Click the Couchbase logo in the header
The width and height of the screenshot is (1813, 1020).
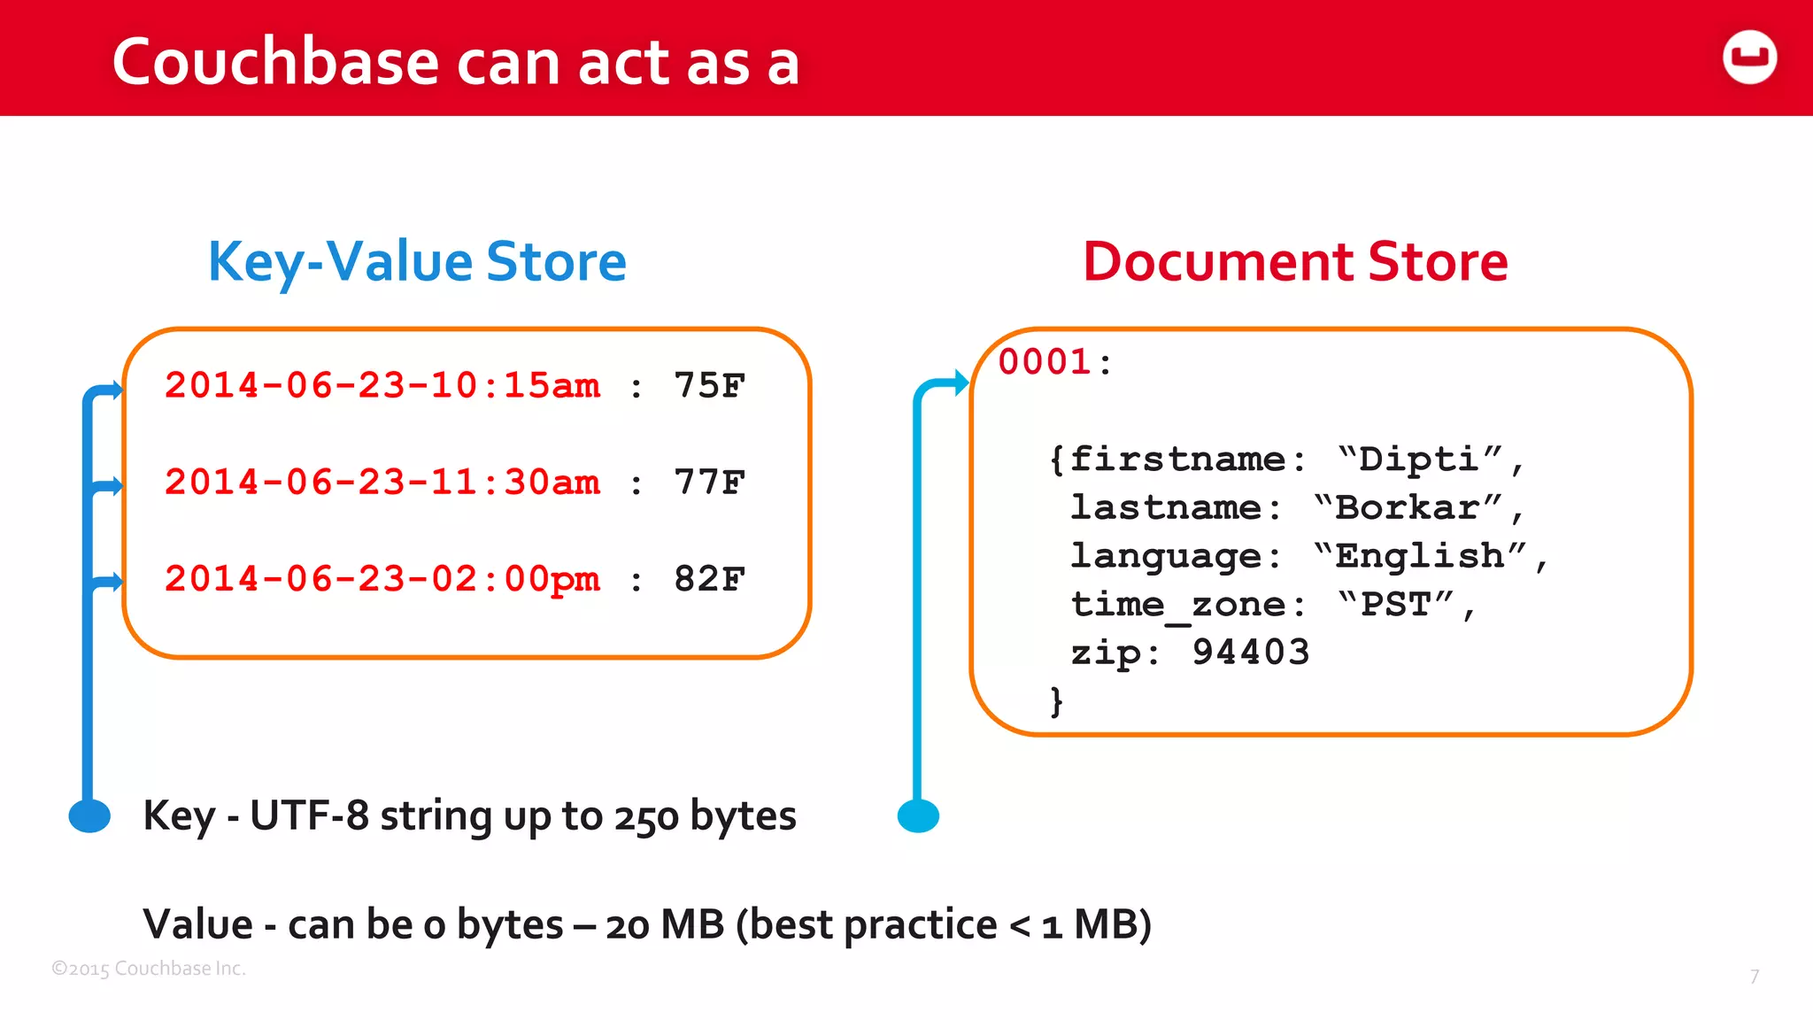(x=1749, y=58)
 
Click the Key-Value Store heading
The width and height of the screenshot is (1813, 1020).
(x=417, y=262)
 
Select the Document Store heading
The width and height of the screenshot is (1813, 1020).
(x=1295, y=262)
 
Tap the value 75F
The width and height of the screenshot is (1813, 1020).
(x=709, y=386)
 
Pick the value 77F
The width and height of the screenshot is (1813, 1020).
(x=709, y=483)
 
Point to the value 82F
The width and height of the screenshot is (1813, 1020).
(x=709, y=579)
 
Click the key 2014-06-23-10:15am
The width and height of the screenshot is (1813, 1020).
(x=382, y=386)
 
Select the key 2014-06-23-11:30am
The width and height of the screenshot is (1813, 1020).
(x=382, y=483)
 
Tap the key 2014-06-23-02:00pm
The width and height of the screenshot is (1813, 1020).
(x=382, y=579)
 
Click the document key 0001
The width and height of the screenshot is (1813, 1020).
(x=1045, y=362)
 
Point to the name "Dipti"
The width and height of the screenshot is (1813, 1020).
(x=1419, y=460)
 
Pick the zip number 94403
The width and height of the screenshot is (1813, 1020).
(x=1250, y=653)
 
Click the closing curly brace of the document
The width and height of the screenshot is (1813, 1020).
(x=1056, y=701)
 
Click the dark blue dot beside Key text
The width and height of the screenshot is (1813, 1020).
(x=89, y=815)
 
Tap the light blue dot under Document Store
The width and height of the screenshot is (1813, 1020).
(x=918, y=815)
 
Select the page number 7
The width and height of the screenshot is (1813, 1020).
(x=1754, y=977)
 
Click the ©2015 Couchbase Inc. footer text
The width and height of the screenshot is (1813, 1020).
(x=149, y=969)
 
